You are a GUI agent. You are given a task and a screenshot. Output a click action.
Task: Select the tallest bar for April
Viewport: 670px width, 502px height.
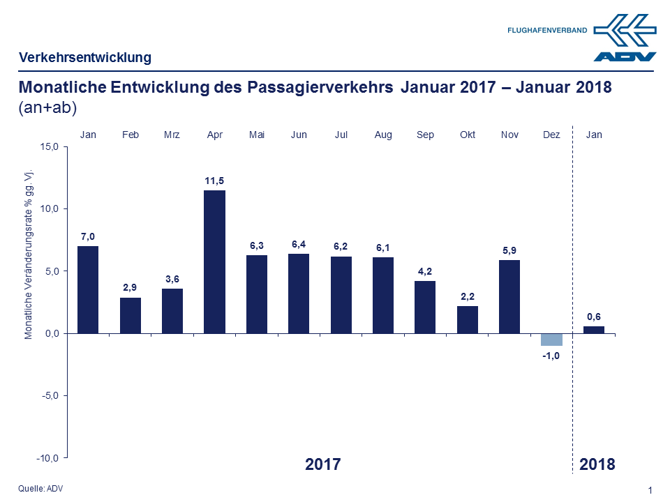214,261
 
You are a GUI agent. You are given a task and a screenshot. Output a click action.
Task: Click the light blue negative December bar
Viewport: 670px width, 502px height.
551,340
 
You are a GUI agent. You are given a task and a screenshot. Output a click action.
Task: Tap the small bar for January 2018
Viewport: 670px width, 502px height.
594,330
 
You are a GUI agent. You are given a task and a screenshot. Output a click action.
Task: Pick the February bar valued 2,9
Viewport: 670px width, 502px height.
131,315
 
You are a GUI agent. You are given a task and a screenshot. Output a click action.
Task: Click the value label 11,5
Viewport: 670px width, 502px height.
214,181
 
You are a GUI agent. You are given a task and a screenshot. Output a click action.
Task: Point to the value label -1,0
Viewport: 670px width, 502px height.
551,356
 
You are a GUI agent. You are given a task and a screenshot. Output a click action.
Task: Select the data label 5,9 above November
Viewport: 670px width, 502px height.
509,250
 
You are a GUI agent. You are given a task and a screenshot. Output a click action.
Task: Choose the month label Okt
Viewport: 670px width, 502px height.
468,135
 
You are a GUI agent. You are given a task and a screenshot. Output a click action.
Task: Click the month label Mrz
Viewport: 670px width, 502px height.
172,135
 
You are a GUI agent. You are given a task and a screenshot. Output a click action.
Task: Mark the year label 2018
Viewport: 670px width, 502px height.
597,464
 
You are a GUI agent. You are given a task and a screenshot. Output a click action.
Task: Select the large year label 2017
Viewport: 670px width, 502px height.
323,464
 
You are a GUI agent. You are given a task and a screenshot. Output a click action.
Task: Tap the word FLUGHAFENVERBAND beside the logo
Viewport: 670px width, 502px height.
547,31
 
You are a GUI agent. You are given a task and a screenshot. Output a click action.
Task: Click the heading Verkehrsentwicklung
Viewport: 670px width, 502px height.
85,58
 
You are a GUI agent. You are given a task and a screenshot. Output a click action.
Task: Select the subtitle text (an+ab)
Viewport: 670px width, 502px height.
47,108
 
